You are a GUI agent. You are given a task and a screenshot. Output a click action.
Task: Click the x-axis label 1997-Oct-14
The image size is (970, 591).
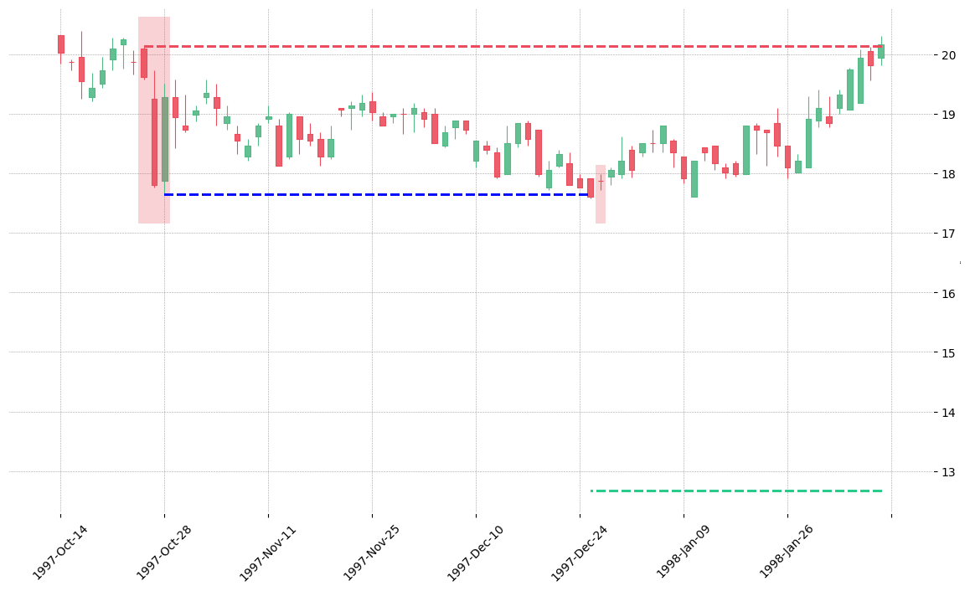click(x=60, y=552)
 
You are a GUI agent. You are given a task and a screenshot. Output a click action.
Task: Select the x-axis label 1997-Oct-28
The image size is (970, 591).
click(x=164, y=552)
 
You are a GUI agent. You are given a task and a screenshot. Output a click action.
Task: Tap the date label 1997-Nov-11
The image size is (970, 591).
click(x=268, y=552)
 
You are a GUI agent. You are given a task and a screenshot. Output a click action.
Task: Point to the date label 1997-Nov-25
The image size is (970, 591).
click(x=372, y=552)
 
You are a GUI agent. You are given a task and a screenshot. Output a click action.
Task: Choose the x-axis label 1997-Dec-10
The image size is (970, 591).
click(x=476, y=552)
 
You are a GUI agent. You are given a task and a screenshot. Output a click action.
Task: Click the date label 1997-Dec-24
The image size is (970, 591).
click(x=580, y=552)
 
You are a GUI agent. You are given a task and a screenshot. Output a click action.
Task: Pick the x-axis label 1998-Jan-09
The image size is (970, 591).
click(x=684, y=552)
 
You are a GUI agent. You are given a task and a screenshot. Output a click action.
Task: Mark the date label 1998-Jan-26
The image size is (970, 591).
click(x=787, y=552)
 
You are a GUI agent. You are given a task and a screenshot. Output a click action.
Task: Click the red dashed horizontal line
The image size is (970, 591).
click(x=513, y=46)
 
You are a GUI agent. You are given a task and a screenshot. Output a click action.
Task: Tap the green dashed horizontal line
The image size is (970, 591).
click(x=736, y=491)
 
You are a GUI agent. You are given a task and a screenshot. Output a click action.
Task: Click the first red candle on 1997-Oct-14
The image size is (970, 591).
click(x=61, y=44)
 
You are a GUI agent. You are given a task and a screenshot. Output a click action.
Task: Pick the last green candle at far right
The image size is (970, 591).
click(x=881, y=51)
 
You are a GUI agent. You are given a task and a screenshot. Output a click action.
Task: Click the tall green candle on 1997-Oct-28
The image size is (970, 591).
click(x=164, y=139)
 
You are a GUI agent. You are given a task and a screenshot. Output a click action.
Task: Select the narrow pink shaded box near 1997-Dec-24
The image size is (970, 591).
click(x=600, y=194)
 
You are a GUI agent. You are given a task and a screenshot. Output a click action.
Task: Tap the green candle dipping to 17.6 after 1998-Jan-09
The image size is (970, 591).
click(x=694, y=179)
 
